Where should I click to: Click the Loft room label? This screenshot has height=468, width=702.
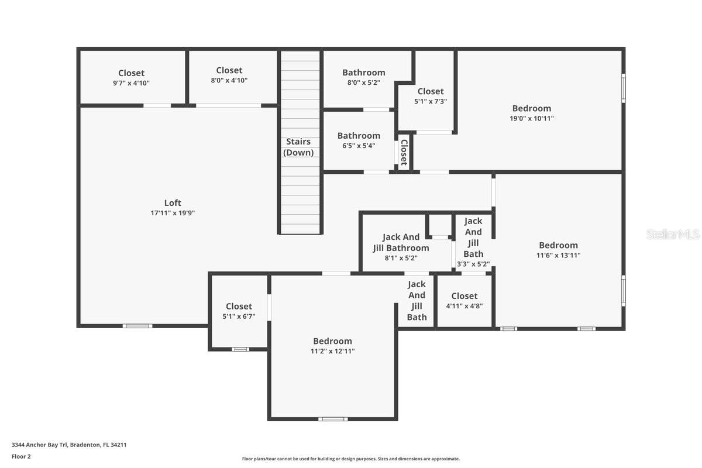click(x=173, y=203)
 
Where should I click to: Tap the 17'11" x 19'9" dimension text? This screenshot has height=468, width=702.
click(x=173, y=213)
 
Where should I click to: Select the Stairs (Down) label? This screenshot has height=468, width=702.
click(x=298, y=147)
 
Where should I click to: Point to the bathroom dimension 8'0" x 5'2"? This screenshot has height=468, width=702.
click(x=363, y=82)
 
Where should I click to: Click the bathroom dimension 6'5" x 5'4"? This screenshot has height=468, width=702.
click(x=359, y=146)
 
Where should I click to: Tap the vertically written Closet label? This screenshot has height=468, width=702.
click(x=404, y=152)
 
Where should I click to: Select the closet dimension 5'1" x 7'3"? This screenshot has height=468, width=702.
click(x=431, y=101)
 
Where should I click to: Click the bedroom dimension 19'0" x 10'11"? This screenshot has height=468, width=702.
click(x=532, y=119)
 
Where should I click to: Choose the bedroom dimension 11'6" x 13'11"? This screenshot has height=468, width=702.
click(x=559, y=256)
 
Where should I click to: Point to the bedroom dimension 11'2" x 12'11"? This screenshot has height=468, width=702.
click(x=332, y=351)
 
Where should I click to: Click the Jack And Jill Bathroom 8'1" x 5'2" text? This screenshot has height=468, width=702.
click(x=401, y=247)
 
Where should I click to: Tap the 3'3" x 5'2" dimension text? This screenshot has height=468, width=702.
click(x=473, y=264)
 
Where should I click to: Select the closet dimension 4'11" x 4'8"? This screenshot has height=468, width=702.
click(x=464, y=306)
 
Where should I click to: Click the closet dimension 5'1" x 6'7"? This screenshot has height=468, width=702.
click(x=239, y=316)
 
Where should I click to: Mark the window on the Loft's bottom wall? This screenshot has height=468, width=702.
click(x=137, y=326)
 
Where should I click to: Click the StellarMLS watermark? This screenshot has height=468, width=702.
click(x=673, y=235)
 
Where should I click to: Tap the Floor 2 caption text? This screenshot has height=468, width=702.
click(x=21, y=456)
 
